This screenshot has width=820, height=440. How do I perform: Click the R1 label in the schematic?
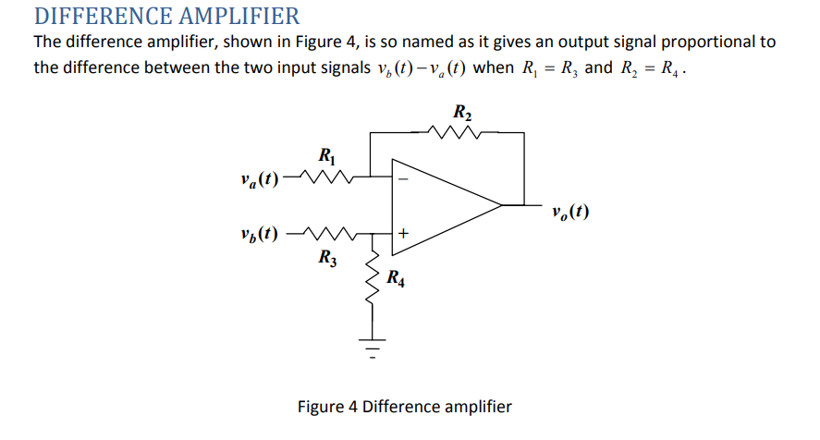(325, 154)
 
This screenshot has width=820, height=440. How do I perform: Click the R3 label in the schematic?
(326, 257)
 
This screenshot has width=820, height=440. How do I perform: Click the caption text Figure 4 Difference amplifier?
(404, 407)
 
